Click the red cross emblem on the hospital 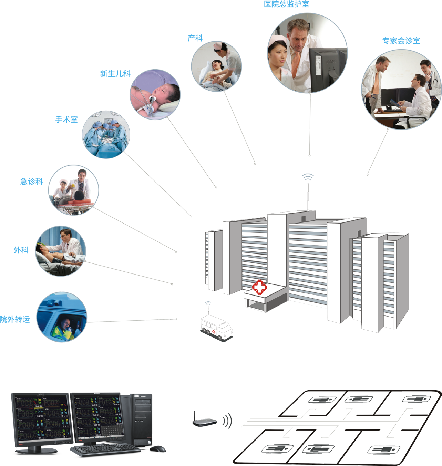pos(259,287)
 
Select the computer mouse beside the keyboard pos(158,449)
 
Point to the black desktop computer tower pos(141,420)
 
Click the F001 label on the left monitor pos(24,403)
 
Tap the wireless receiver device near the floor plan pos(206,423)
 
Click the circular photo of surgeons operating pos(106,135)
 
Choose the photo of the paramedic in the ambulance pos(62,317)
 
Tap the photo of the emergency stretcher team pos(73,190)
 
